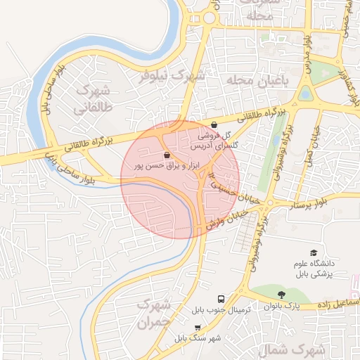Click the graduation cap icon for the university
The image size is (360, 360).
[313, 253]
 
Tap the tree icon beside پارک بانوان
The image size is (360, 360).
[282, 295]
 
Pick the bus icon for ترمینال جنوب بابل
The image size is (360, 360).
[221, 300]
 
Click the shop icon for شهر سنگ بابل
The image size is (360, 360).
[198, 328]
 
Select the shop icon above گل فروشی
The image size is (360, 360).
[214, 125]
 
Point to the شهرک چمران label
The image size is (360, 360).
[153, 314]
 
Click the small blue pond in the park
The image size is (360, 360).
[304, 92]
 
